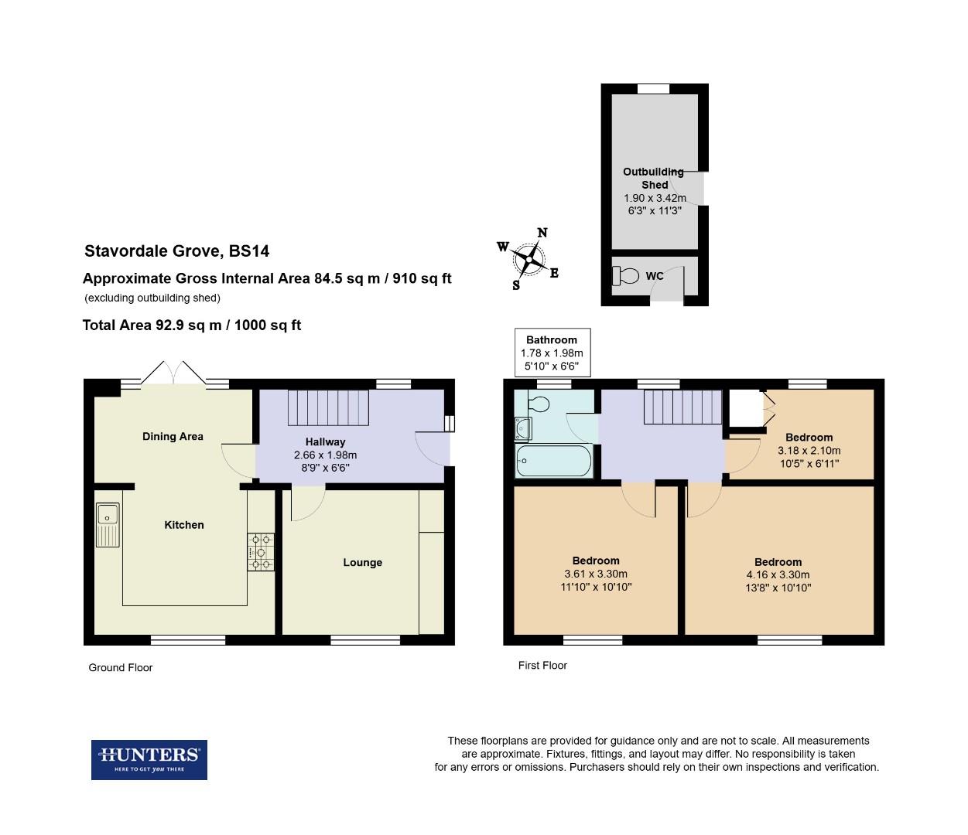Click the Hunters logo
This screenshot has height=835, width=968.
[149, 759]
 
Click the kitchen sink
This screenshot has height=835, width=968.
[108, 523]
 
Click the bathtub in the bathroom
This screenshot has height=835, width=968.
[554, 462]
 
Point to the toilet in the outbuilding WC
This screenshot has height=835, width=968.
[625, 275]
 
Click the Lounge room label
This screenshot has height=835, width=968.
[362, 562]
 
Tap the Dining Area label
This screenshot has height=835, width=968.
[173, 436]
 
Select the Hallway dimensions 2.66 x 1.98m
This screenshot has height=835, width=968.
[325, 455]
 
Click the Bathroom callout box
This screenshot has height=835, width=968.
[552, 353]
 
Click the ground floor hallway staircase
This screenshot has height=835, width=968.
[326, 407]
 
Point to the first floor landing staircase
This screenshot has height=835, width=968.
[682, 407]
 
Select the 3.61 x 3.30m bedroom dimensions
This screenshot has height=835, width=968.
[596, 574]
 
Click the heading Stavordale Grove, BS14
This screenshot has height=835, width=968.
[176, 251]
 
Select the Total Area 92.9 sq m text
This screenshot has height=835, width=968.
[191, 325]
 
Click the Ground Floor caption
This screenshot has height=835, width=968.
[121, 667]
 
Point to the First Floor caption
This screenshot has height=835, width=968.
[542, 665]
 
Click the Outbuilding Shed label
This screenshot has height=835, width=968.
[654, 178]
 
